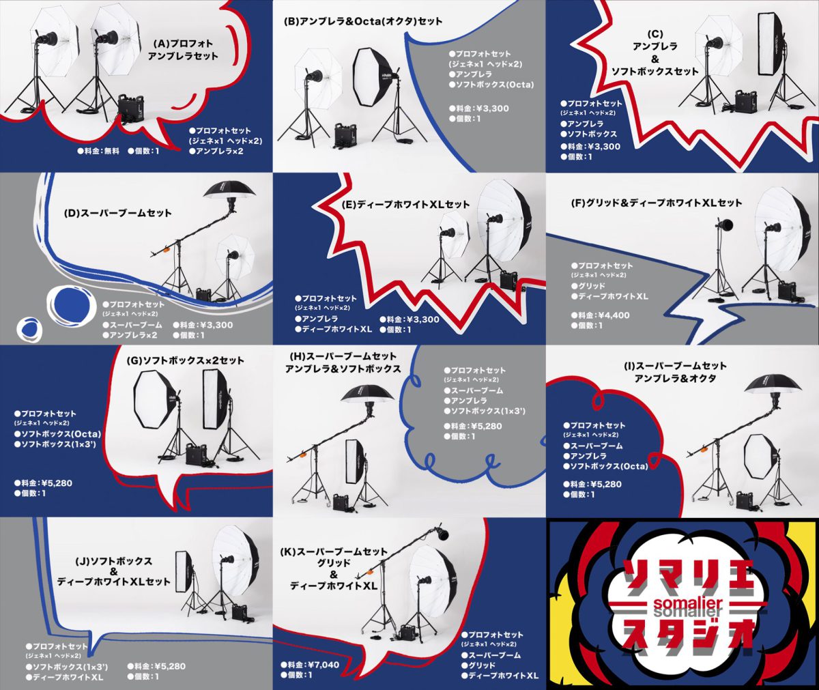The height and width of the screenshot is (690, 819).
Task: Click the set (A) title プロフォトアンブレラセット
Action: tap(183, 50)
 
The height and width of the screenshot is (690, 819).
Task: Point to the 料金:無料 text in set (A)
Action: tap(98, 151)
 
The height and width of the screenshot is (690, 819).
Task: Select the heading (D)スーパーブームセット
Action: tap(117, 214)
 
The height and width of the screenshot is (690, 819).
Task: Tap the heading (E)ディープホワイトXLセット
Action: tap(405, 204)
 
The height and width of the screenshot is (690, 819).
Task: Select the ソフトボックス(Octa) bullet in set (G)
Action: tap(57, 434)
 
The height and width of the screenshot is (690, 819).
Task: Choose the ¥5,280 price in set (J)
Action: tap(156, 666)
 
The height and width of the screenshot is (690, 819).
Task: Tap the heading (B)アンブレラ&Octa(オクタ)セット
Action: tap(363, 21)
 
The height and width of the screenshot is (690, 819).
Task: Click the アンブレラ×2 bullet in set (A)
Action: tap(216, 151)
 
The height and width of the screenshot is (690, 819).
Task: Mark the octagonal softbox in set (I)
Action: tap(760, 456)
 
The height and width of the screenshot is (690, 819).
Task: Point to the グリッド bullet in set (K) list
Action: tap(478, 665)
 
